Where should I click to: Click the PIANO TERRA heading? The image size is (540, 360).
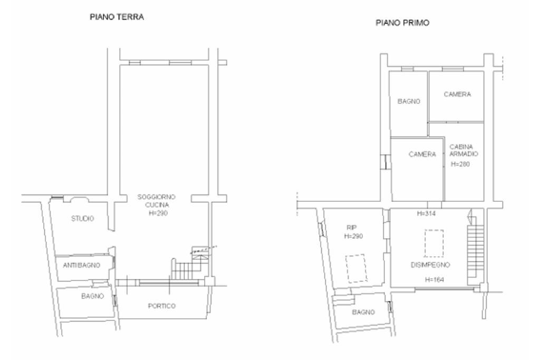coord(117,17)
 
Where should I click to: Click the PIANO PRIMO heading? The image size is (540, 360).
coord(402,23)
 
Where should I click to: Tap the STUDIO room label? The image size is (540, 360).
coord(83,219)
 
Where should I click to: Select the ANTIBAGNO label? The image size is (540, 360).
coord(82,265)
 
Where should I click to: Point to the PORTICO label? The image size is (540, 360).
coord(162,306)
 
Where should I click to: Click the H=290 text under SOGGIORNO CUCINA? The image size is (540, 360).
coord(158,213)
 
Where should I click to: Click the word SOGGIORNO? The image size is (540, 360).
coord(156,197)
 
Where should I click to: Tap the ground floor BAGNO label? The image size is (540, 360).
coord(93,296)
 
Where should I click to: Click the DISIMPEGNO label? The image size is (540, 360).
coord(430,265)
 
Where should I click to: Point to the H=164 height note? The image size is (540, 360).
coord(435,280)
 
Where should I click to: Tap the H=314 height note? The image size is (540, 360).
coord(426,213)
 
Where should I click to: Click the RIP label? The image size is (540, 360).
coord(352,228)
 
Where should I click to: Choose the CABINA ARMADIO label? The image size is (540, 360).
coord(464,150)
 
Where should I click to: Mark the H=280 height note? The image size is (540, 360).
coord(460,164)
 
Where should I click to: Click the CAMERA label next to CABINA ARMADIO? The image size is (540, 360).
coord(422,154)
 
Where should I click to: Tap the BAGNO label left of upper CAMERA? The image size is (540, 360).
coord(409,101)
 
